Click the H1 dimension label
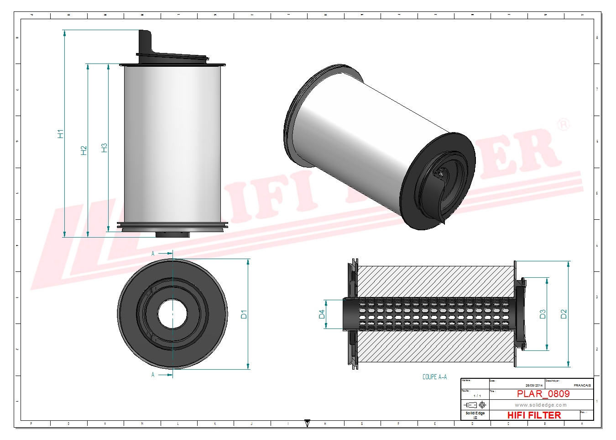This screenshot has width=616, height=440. click(60, 133)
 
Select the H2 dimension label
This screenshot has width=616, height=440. click(84, 150)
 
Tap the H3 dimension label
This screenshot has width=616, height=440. click(104, 148)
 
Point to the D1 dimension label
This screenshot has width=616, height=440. click(244, 314)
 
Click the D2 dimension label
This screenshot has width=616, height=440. click(564, 314)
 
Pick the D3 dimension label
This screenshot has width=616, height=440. click(543, 314)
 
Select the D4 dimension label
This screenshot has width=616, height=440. click(322, 314)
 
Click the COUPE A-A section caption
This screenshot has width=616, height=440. click(434, 377)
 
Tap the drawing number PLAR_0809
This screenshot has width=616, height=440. click(543, 394)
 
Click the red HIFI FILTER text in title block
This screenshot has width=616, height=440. click(534, 415)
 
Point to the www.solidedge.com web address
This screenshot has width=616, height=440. click(541, 405)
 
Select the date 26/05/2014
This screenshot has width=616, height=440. click(534, 386)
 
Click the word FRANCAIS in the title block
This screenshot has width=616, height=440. click(582, 386)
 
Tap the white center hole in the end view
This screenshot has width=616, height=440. click(172, 313)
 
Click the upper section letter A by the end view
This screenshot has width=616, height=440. click(153, 253)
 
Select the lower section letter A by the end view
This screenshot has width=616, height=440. click(153, 375)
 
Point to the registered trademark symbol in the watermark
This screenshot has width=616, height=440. click(564, 124)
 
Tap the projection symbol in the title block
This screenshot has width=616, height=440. click(475, 405)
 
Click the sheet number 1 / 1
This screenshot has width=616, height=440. click(477, 396)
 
